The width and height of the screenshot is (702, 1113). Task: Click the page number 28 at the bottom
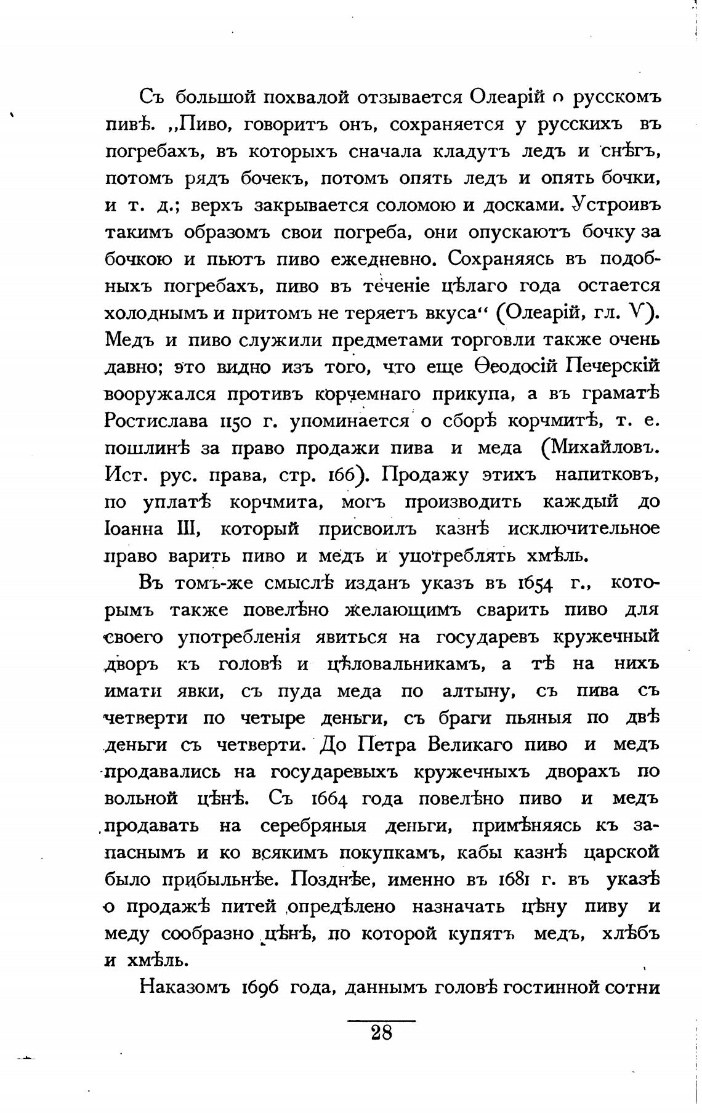(382, 1032)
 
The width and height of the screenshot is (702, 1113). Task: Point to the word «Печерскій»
(613, 367)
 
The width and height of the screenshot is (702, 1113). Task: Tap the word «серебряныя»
(313, 826)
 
